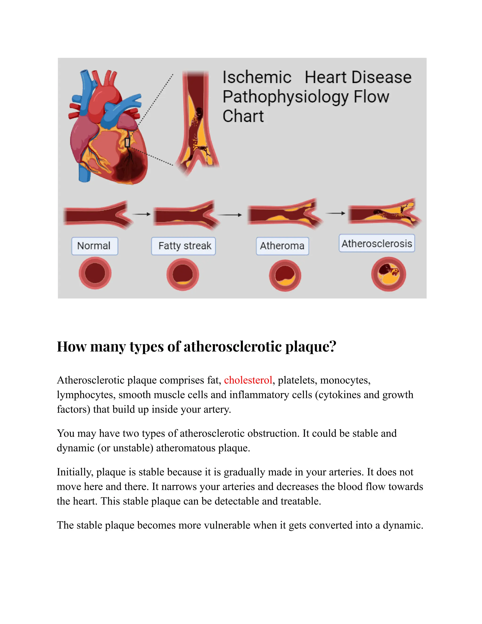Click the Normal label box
click(x=95, y=246)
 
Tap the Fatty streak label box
click(x=183, y=246)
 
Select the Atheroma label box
click(x=282, y=246)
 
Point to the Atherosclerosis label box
click(x=377, y=243)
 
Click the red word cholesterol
click(x=248, y=380)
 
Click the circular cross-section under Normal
click(x=95, y=273)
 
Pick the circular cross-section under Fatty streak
click(x=183, y=274)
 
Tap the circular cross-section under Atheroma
click(x=285, y=276)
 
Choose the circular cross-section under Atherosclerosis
click(x=388, y=274)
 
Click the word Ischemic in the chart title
click(x=257, y=77)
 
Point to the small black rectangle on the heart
click(x=127, y=142)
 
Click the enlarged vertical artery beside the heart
click(x=197, y=120)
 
